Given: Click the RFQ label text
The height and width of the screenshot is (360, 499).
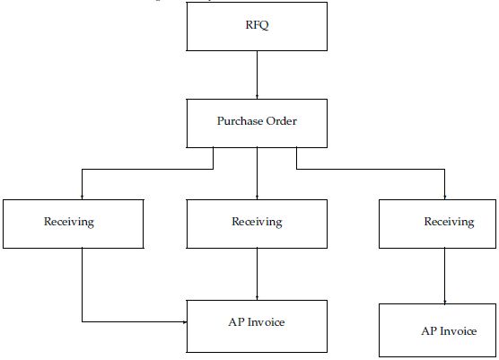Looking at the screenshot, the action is (x=257, y=25).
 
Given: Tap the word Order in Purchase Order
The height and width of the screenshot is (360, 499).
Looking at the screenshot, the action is (x=282, y=121).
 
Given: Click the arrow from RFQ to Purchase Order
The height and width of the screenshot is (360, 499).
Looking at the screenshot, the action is (x=258, y=75).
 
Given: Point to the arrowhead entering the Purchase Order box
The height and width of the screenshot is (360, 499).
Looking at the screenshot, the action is (x=258, y=97).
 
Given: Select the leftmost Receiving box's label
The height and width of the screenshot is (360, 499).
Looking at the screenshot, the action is (x=69, y=222).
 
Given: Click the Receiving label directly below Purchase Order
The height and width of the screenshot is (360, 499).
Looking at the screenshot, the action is (x=257, y=222).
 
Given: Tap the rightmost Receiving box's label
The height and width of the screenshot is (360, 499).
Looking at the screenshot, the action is (x=449, y=222).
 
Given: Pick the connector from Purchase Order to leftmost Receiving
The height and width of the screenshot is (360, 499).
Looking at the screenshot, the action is (x=148, y=169).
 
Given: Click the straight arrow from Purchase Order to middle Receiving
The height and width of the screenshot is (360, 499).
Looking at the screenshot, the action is (x=258, y=173).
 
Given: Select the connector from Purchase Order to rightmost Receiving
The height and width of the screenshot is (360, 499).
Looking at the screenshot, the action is (x=371, y=169).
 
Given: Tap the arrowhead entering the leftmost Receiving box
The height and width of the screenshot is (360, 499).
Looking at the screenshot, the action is (x=82, y=198).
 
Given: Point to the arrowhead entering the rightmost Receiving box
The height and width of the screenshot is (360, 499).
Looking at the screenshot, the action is (x=445, y=198).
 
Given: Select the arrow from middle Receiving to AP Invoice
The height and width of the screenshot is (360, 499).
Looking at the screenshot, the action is (x=258, y=274).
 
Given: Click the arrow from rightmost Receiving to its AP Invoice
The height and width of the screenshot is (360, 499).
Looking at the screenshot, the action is (x=445, y=276).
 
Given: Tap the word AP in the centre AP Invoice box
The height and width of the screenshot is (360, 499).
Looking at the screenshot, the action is (x=236, y=322).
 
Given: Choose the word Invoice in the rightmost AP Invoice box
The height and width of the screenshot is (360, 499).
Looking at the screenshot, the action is (x=458, y=331).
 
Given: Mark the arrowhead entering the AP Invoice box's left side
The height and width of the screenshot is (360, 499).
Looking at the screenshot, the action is (x=185, y=321).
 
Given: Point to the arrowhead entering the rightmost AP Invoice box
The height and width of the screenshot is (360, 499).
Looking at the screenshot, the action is (x=445, y=302).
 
